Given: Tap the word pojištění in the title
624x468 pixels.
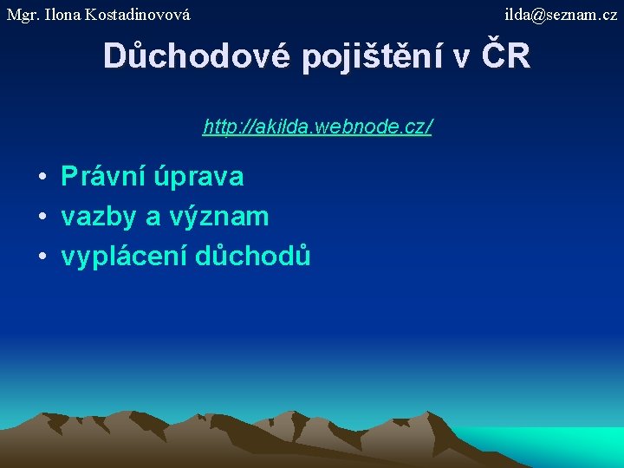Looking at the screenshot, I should (x=374, y=56).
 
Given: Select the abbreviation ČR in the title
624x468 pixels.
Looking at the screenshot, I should (x=505, y=56).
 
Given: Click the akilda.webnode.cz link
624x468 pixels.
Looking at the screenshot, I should (x=317, y=127).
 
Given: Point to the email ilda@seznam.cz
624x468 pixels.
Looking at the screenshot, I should (x=561, y=15).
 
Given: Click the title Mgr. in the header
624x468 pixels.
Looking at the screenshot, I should (x=23, y=15).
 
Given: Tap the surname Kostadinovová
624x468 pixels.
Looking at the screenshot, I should (x=138, y=15).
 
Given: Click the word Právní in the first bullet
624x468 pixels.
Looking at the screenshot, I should (x=103, y=177).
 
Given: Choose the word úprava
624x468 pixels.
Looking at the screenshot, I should (x=199, y=178).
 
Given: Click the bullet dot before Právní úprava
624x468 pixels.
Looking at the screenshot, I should (x=42, y=178).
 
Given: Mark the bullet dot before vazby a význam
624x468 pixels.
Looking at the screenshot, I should (x=42, y=218).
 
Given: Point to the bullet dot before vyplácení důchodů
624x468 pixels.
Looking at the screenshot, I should (x=42, y=257).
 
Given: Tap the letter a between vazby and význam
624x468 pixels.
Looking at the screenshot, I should (x=153, y=218).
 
